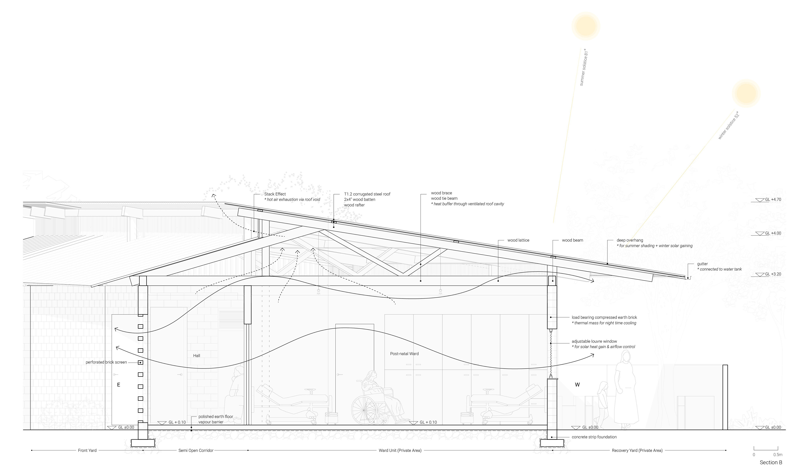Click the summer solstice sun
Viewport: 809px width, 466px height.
(586, 26)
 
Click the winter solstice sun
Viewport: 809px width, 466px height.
(746, 93)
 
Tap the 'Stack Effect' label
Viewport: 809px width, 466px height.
(275, 194)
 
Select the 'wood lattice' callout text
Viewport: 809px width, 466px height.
(518, 240)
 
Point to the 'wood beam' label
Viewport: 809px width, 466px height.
(572, 240)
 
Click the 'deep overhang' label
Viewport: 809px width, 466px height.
(630, 240)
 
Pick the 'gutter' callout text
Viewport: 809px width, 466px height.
(702, 264)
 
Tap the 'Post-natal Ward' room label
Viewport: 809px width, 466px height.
(404, 354)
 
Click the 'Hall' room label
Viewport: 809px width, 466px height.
(196, 356)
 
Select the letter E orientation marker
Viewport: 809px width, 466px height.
(119, 385)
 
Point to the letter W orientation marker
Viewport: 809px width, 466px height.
(577, 385)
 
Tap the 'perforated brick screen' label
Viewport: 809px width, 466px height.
(106, 362)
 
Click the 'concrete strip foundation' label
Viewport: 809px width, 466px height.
(594, 437)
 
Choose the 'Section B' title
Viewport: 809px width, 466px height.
(771, 462)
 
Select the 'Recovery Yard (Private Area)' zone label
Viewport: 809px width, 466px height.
(637, 450)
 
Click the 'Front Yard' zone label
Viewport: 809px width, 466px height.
(87, 450)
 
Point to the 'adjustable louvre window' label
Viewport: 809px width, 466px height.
(594, 341)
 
